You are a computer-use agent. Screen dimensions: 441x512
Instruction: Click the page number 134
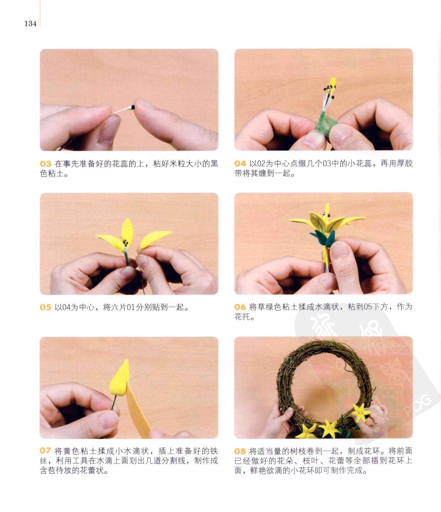pyautogui.click(x=31, y=23)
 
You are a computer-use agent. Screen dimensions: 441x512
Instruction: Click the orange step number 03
pyautogui.click(x=45, y=164)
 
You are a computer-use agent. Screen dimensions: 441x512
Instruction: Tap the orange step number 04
pyautogui.click(x=240, y=164)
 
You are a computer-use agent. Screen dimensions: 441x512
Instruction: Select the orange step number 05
pyautogui.click(x=45, y=307)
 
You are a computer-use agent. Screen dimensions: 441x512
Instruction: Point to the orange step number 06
pyautogui.click(x=240, y=307)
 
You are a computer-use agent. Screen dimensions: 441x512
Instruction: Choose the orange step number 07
pyautogui.click(x=45, y=451)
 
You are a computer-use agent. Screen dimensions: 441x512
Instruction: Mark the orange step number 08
pyautogui.click(x=240, y=451)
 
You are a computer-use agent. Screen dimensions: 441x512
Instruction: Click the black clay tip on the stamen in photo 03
pyautogui.click(x=133, y=107)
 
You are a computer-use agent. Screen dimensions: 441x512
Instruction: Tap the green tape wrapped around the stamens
pyautogui.click(x=327, y=124)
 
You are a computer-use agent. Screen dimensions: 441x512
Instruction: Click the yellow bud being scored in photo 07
pyautogui.click(x=120, y=379)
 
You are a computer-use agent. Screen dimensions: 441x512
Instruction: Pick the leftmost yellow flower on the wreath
pyautogui.click(x=306, y=432)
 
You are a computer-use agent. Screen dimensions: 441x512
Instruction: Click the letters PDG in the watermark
pyautogui.click(x=418, y=406)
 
